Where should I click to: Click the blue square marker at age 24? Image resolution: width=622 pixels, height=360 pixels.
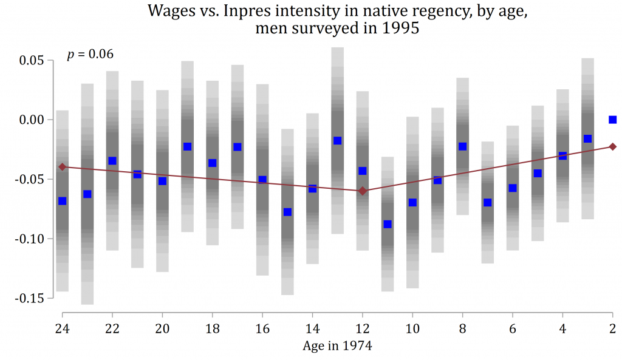coord(62,201)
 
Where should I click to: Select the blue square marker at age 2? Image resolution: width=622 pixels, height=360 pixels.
coord(613,120)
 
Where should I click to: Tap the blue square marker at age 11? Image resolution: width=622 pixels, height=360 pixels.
coord(388,224)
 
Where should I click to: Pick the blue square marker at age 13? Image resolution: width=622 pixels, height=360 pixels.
coord(338,141)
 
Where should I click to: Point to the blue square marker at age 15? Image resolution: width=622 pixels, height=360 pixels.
coord(287,212)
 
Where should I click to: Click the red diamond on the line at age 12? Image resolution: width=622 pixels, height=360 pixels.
coord(363,191)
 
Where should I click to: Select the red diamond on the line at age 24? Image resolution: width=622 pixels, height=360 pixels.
coord(62,166)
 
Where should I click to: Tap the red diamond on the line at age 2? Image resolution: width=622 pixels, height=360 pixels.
coord(613,146)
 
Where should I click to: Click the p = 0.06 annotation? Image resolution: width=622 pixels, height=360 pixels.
coord(90,55)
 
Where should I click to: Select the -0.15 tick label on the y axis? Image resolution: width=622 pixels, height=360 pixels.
coord(30,298)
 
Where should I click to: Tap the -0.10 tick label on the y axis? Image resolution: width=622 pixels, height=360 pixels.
coord(30,239)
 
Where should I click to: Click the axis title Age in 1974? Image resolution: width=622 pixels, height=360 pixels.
coord(337,347)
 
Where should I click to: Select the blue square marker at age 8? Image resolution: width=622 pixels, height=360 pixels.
coord(463,146)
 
